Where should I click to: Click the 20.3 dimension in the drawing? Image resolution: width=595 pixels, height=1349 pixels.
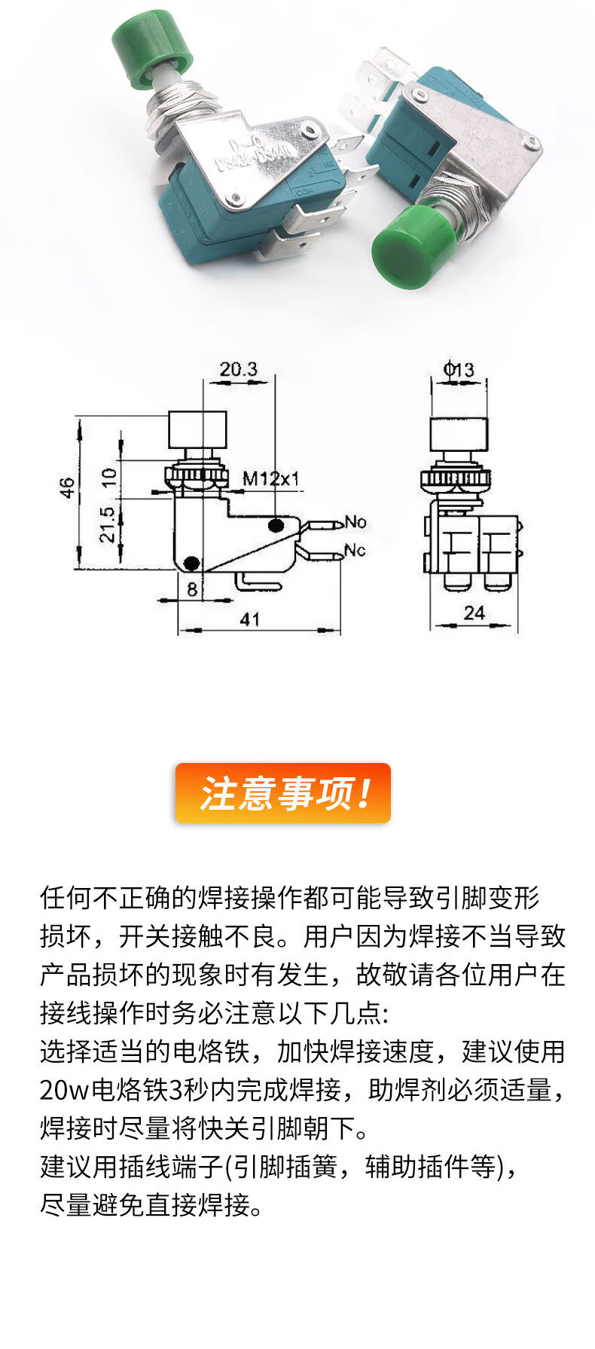238,369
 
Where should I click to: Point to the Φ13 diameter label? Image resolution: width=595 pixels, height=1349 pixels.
459,370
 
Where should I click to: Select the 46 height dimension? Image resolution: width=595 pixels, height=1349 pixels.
68,487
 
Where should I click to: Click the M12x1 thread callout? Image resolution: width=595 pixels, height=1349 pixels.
270,478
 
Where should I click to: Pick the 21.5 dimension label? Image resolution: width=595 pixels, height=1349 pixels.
108,525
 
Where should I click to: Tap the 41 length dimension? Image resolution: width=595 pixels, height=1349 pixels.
249,619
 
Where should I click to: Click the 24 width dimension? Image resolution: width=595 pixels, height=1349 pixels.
474,613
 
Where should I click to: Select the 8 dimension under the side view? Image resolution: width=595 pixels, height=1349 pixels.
192,589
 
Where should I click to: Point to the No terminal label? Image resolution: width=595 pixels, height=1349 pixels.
355,522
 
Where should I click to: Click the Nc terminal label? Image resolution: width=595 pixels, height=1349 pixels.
355,550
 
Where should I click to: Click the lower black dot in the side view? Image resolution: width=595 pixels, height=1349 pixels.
192,563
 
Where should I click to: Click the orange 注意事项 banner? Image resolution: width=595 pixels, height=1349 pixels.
283,793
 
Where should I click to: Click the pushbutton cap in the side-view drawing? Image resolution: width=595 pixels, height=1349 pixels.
197,429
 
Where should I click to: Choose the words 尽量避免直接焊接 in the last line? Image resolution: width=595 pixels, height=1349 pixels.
151,1205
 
